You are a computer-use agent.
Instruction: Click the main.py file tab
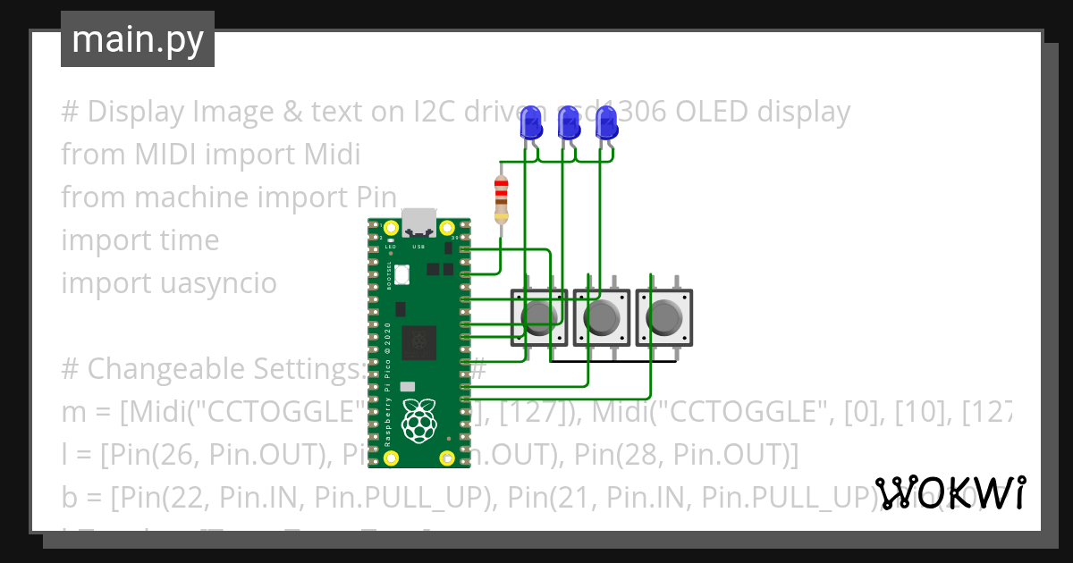point(137,39)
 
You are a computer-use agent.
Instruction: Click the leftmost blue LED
point(531,123)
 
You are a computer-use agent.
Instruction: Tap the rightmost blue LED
point(607,123)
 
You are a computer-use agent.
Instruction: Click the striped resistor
point(501,199)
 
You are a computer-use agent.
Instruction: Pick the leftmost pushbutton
point(538,316)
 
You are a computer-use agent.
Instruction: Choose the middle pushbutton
point(601,316)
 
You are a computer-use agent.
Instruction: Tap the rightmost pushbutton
point(663,316)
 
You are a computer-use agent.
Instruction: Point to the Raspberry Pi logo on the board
point(418,420)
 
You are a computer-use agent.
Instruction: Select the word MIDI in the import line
point(167,155)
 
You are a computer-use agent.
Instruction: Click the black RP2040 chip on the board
point(418,341)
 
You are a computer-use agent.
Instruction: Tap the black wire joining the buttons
point(613,361)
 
